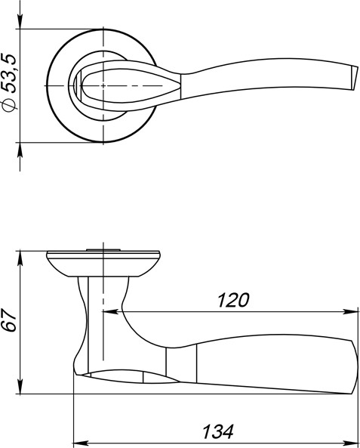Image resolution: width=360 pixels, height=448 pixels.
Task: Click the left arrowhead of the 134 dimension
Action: (x=78, y=442)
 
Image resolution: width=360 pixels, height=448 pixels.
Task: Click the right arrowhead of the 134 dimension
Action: (x=352, y=442)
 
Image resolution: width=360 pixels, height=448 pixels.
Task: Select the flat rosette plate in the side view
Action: (x=104, y=254)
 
